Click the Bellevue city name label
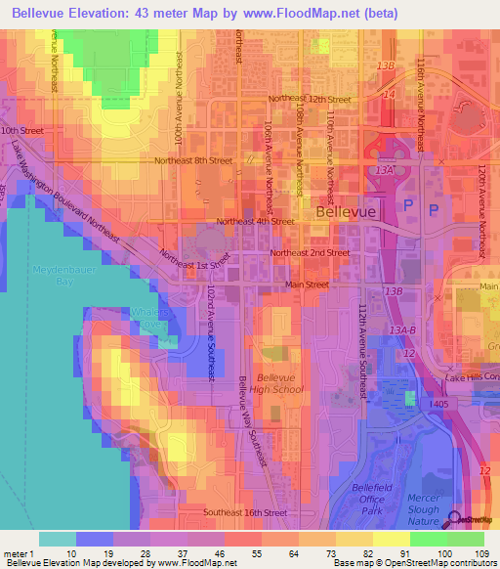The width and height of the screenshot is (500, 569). click(339, 210)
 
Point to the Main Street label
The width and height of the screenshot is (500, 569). click(307, 284)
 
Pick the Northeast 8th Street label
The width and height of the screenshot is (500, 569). click(192, 160)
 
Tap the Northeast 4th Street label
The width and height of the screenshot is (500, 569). click(255, 222)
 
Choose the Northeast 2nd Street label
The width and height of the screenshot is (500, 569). click(310, 252)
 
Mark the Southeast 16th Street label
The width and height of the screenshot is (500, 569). click(245, 512)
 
